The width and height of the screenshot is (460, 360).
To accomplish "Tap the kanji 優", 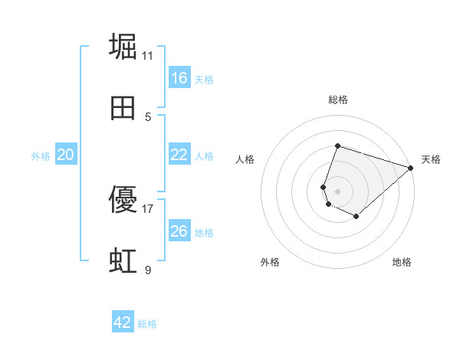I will (124, 200).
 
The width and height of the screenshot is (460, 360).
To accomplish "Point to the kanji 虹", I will (124, 261).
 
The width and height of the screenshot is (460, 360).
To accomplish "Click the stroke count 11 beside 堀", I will (148, 55).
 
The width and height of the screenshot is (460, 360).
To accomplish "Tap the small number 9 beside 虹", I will (148, 270).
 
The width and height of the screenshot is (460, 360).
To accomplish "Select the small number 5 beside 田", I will (148, 116).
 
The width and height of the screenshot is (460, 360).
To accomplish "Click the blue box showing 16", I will (179, 77).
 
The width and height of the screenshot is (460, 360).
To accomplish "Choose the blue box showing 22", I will (179, 154).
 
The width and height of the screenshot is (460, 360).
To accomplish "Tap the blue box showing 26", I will (179, 231).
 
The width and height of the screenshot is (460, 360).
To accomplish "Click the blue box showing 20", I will (66, 155).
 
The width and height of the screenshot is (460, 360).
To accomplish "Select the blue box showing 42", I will (123, 322).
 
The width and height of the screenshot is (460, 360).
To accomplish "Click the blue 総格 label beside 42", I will (147, 324).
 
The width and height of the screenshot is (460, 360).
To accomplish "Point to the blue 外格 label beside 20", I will (41, 155).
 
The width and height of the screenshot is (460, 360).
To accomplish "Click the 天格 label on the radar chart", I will (431, 159).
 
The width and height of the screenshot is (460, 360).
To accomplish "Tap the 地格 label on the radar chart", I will (402, 262).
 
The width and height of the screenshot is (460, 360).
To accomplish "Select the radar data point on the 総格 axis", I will (337, 146).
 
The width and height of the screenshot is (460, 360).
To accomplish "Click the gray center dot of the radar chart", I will (337, 191).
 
